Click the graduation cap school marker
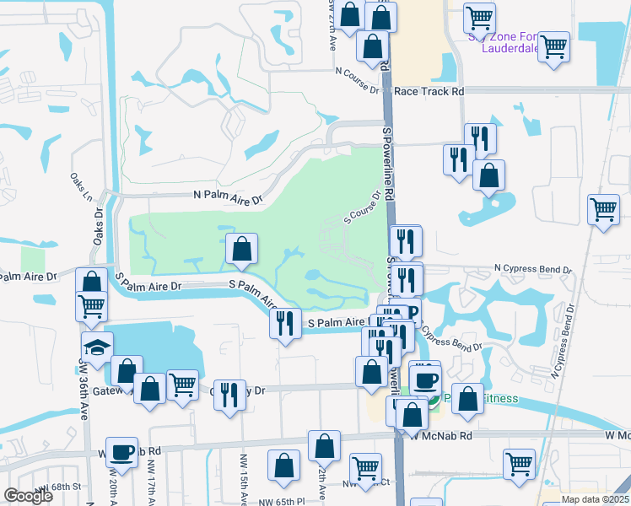(98, 346)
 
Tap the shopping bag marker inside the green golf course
(241, 248)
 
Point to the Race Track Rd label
(429, 90)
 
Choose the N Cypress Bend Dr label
(533, 269)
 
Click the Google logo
(28, 496)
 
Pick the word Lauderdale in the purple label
(510, 48)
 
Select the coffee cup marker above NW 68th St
(122, 452)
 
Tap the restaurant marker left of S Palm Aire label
(285, 323)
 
